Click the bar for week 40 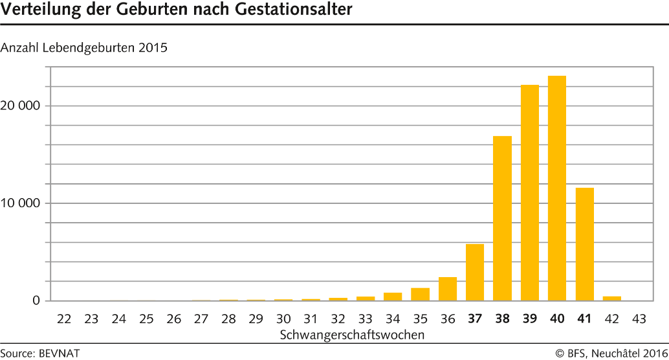coord(557,188)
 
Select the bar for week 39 coord(530,192)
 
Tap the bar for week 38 coord(502,218)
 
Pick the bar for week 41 coord(584,244)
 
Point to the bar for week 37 coord(475,272)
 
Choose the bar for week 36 coord(448,289)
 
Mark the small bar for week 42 coord(612,298)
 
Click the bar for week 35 coord(421,294)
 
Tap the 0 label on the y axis coord(36,301)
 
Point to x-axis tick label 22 coord(64,319)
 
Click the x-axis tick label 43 coord(639,319)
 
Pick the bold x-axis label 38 coord(502,319)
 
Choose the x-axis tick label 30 coord(283,319)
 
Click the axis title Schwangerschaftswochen coord(352,335)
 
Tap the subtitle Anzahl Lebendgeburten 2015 coord(84,48)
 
